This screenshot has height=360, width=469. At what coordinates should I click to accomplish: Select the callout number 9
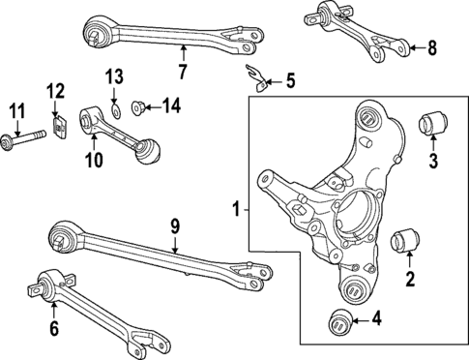tap(175, 226)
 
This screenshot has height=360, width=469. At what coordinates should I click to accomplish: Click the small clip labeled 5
tap(256, 77)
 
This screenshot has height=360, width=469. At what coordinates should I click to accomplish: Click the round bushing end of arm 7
tap(97, 37)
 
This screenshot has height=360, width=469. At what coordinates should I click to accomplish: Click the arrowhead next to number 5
tap(273, 81)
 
